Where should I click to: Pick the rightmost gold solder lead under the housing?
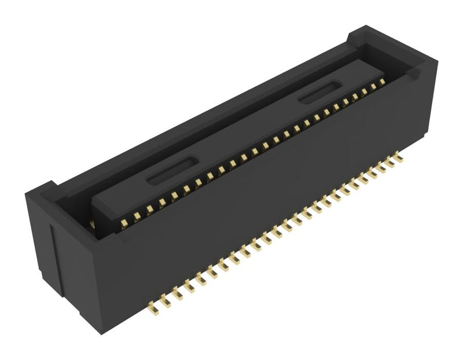tap(399, 156)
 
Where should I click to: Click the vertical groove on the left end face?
tap(53, 255)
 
